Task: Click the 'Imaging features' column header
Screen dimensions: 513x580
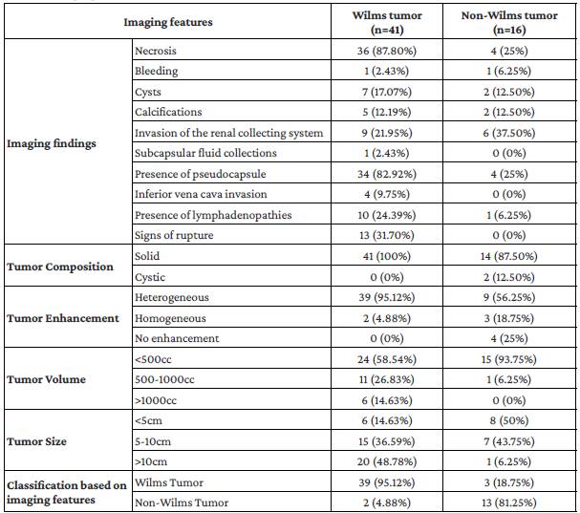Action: pyautogui.click(x=167, y=21)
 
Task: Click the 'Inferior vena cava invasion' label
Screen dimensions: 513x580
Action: pyautogui.click(x=196, y=194)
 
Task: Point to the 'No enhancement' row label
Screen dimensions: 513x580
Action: pyautogui.click(x=176, y=338)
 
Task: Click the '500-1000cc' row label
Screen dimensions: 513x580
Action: pyautogui.click(x=164, y=379)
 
